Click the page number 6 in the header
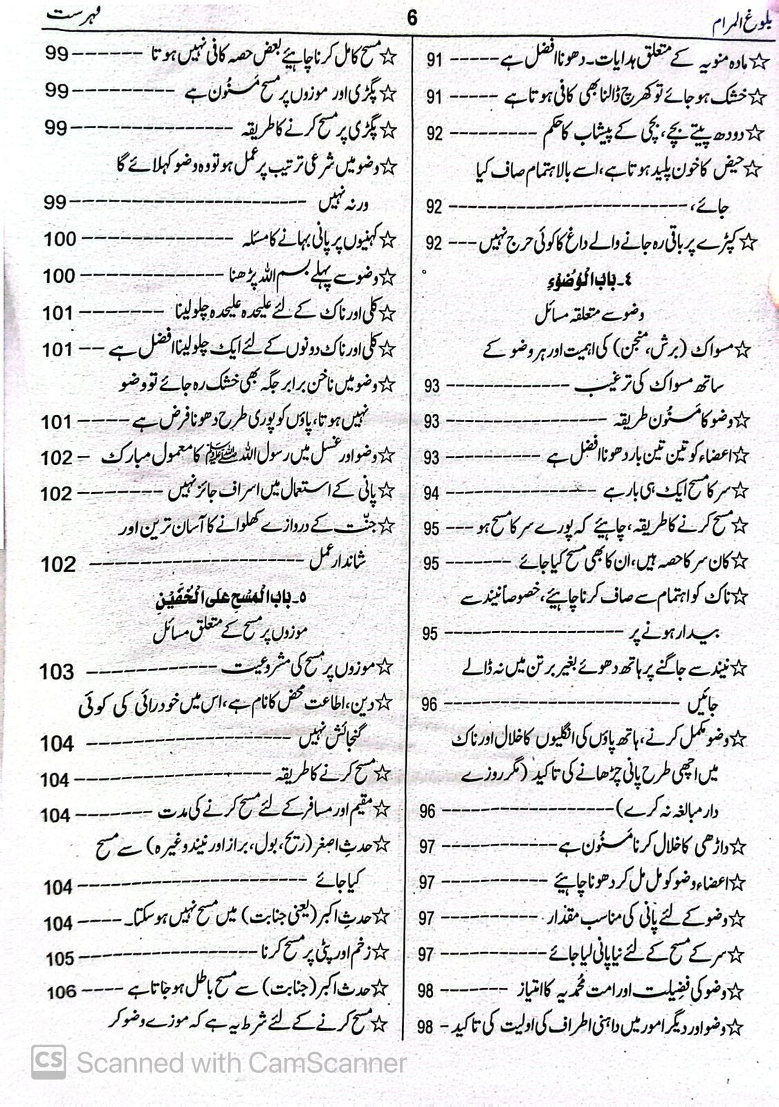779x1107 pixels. pos(412,17)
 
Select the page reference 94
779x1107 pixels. pos(432,493)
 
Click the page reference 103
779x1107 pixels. pos(57,671)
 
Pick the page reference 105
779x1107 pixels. pos(60,959)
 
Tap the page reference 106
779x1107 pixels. pos(61,991)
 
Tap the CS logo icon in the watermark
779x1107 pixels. pos(48,1061)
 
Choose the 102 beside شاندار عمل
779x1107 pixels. pos(58,565)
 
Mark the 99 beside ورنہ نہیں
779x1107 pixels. pos(55,203)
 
